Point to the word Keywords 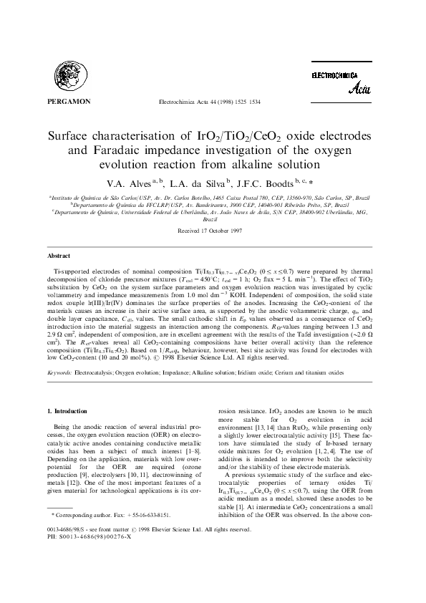coord(59,373)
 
